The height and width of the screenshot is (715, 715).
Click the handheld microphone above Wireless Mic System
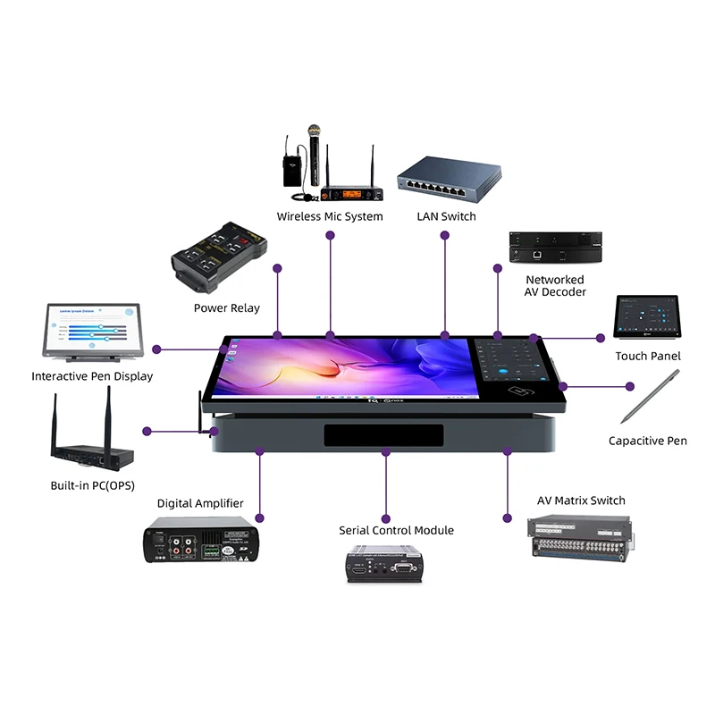315,147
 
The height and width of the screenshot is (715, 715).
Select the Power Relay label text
227,308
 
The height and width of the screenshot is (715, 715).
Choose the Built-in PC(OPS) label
94,486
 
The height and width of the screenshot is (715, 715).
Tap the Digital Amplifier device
200,541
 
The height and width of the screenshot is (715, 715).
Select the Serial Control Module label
396,531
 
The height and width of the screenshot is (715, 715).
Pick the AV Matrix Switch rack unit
581,541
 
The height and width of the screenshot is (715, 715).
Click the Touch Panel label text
648,357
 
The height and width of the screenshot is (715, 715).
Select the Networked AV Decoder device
555,247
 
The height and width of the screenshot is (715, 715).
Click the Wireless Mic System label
330,216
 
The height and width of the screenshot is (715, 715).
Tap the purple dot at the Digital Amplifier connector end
260,518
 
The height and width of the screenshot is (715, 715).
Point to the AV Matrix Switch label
581,500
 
